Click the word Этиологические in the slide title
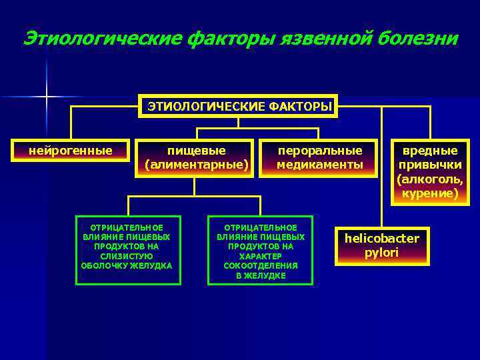101,39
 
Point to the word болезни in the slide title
418,39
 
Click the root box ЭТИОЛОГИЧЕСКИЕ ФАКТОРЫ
239,106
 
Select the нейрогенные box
70,151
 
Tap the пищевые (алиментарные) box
196,158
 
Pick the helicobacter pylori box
382,245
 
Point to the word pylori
382,253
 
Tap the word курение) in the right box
430,194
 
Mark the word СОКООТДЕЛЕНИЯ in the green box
261,265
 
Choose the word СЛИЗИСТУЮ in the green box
127,256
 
